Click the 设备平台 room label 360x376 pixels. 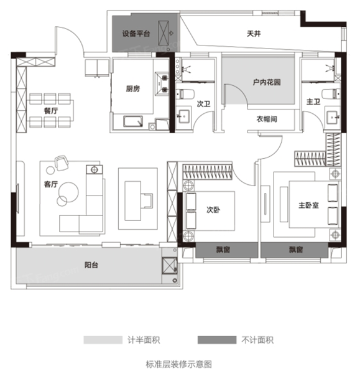136,34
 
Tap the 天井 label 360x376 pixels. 254,34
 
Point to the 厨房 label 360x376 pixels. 133,89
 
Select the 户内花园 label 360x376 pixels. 267,83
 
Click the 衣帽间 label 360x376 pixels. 267,119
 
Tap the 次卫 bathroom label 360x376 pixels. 203,104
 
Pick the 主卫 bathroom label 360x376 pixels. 313,102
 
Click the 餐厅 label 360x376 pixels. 51,111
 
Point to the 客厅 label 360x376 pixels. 51,184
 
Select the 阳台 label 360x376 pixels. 91,265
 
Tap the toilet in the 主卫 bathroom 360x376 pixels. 331,94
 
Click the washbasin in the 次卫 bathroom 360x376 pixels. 183,116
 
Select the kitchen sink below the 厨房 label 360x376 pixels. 133,121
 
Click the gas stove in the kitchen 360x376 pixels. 162,83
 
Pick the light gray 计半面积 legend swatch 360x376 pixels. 103,340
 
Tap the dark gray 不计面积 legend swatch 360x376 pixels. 217,340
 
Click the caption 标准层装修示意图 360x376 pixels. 179,364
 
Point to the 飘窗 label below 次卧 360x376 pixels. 223,250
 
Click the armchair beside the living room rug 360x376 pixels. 62,162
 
